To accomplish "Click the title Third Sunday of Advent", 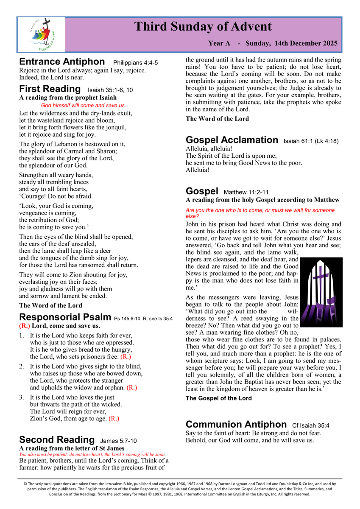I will point(203,27).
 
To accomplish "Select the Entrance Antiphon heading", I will point(62,62).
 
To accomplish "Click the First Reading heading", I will point(50,89).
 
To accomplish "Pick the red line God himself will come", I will point(84,105).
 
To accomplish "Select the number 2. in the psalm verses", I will point(22,366).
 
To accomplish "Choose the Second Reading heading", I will point(57,439).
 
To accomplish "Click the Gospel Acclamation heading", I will point(232,140).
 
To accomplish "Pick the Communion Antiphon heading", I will point(236,424).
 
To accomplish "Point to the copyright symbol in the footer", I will point(25,483).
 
